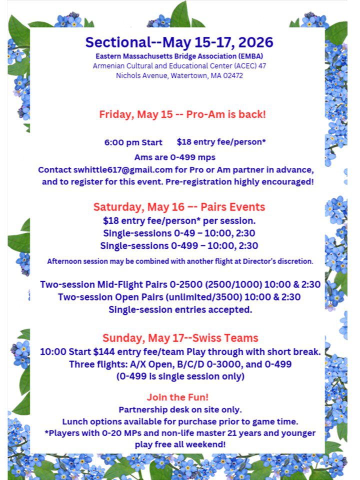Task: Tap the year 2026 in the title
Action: pyautogui.click(x=255, y=42)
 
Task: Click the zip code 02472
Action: pyautogui.click(x=232, y=76)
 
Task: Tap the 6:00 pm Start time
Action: pyautogui.click(x=133, y=142)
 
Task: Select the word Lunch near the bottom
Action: pyautogui.click(x=75, y=421)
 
